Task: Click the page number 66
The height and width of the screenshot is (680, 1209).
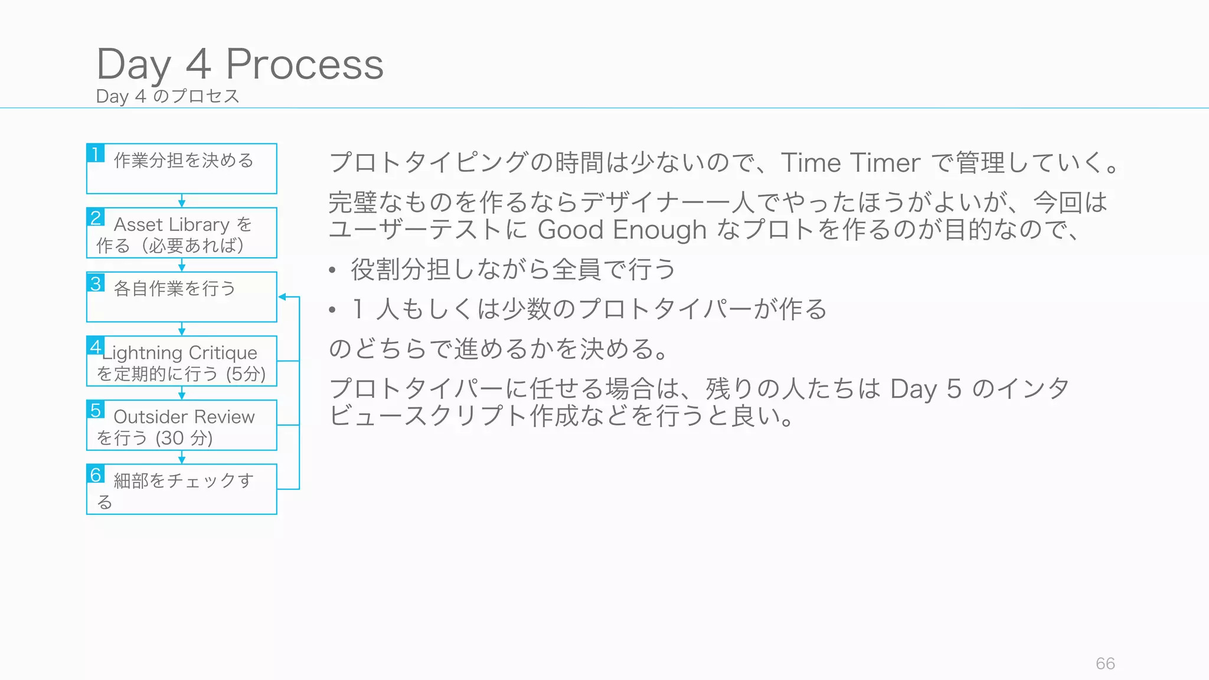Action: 1105,663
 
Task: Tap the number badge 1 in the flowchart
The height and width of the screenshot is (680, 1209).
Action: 96,153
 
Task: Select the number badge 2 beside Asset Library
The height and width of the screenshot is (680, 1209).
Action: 96,217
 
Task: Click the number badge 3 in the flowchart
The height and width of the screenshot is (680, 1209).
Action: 96,283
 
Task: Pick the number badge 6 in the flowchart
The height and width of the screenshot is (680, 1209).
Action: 96,475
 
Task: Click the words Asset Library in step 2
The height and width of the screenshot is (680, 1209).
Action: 171,225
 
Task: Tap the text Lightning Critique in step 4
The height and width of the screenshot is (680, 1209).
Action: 180,353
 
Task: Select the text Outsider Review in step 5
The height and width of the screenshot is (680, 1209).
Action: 184,417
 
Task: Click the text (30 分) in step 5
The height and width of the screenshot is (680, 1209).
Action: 184,438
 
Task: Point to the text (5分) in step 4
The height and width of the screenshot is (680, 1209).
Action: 246,374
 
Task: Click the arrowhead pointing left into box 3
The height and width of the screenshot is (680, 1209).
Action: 283,297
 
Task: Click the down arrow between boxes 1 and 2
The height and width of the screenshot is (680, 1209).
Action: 182,201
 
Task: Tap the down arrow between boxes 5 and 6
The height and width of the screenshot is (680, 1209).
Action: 182,457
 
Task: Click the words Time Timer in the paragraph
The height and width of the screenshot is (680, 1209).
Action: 850,163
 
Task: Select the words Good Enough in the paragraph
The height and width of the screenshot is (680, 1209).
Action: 622,230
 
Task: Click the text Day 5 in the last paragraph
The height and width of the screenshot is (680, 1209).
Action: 926,390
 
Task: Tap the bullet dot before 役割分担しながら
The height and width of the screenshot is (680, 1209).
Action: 332,271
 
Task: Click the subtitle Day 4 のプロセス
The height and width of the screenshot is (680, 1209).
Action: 168,96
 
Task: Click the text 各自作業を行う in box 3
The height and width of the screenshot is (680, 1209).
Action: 175,289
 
